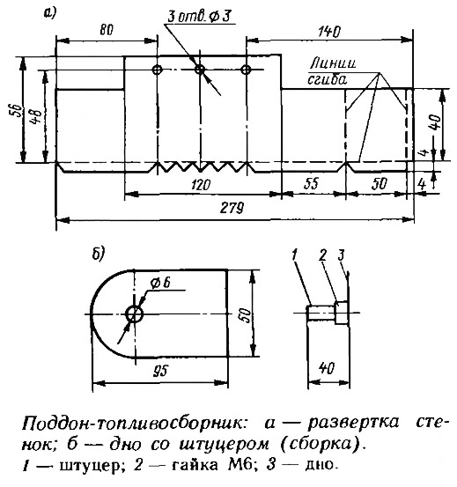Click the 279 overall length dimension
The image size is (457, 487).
point(232,208)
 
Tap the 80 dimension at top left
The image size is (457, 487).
point(107,30)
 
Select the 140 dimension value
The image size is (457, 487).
point(329,32)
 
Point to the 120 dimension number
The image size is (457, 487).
point(201,185)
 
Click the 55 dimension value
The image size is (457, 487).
point(311,183)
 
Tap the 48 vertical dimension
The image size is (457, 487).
point(37,116)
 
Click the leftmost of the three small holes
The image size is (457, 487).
point(158,70)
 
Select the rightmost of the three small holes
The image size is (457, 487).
point(246,70)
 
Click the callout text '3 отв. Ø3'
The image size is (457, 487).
point(199,17)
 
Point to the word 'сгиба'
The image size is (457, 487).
point(328,80)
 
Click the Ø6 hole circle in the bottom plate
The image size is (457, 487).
point(135,314)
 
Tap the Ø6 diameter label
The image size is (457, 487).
point(160,283)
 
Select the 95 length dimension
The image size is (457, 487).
point(160,371)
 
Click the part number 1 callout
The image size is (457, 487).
point(295,255)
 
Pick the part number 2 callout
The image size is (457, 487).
point(323,255)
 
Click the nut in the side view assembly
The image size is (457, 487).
point(342,313)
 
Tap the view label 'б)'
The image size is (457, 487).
point(99,254)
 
